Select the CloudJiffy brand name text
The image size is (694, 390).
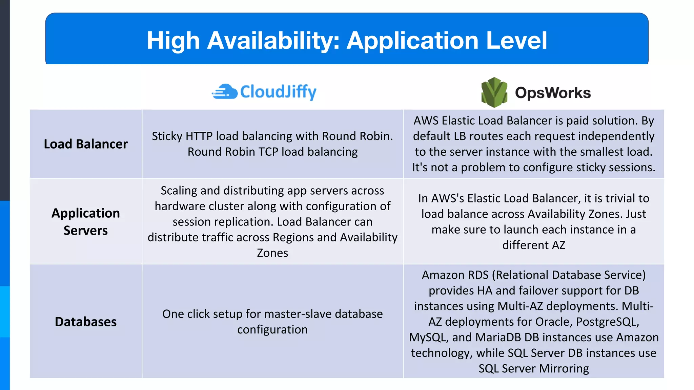coord(278,92)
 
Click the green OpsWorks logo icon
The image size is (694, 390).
coord(494,92)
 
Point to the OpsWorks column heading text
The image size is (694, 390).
coord(553,93)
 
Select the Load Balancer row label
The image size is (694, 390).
coord(86,144)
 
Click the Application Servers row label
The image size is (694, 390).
coord(86,222)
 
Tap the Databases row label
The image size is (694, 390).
coord(86,322)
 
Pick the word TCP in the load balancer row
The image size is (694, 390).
coord(268,152)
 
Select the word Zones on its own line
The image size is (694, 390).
coord(272,253)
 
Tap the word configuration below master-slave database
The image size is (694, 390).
coord(272,329)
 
